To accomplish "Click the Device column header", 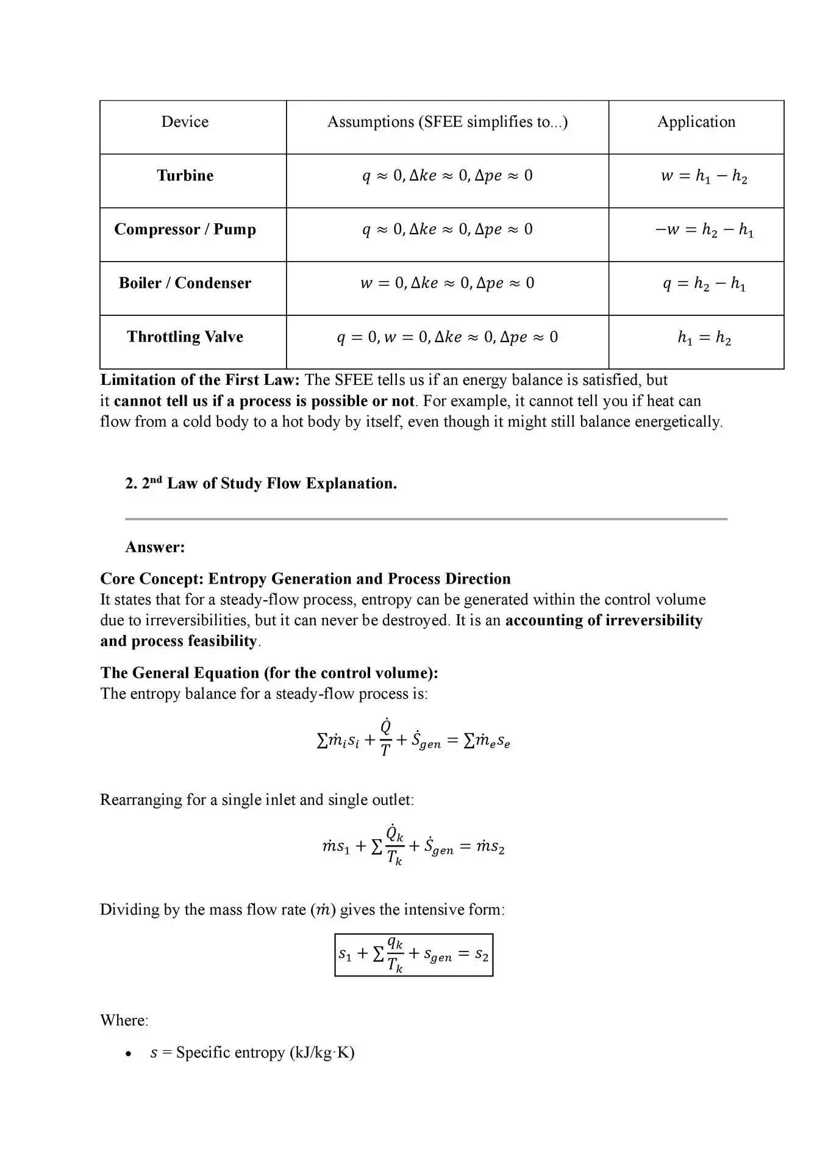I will pos(185,122).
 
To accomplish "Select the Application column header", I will pos(696,122).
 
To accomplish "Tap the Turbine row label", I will pos(185,176).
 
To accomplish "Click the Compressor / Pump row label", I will pos(185,229).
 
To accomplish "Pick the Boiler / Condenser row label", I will pos(185,283).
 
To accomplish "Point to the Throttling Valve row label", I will pos(185,337).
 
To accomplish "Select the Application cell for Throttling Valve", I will pos(704,337).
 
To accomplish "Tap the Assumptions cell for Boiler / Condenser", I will pos(447,284).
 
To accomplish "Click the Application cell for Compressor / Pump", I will pos(704,230).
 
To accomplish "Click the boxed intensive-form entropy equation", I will pos(413,955).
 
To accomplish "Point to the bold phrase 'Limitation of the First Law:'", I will pos(200,380).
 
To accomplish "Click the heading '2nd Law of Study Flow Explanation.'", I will pos(261,484).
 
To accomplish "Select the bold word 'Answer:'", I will pos(155,547).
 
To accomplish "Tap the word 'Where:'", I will pos(124,1020).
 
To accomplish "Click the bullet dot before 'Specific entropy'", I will pos(127,1053).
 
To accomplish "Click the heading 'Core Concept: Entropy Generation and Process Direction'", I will pos(305,579).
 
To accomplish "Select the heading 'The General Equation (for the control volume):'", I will pos(269,673).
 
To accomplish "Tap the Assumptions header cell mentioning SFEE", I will pos(447,122).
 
